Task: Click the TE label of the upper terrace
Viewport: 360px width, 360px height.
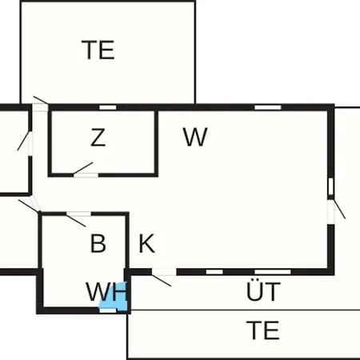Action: [x=98, y=50]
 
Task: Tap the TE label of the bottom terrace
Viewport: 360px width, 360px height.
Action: [x=263, y=330]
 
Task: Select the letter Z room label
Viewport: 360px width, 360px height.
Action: [x=98, y=138]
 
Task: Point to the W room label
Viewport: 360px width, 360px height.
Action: [x=195, y=137]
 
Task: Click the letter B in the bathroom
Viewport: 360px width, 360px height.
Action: [x=98, y=243]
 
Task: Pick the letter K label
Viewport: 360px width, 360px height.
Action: [x=147, y=243]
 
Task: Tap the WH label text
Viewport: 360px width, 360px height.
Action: [x=106, y=292]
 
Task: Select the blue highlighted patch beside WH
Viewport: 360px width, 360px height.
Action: [x=114, y=296]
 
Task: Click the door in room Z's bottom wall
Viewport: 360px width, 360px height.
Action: [x=86, y=174]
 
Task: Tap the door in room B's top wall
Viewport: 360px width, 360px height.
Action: [x=78, y=214]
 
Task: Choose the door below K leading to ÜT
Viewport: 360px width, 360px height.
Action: [x=164, y=272]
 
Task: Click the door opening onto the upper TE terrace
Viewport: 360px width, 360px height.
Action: [x=40, y=107]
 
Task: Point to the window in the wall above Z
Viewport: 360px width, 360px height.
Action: [x=108, y=107]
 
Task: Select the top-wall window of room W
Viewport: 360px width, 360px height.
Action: [x=268, y=107]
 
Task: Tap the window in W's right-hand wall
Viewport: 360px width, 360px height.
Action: [x=331, y=186]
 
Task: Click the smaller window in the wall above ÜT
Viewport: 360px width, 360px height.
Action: [x=214, y=272]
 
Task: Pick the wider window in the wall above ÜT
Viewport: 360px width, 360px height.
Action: [x=273, y=272]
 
